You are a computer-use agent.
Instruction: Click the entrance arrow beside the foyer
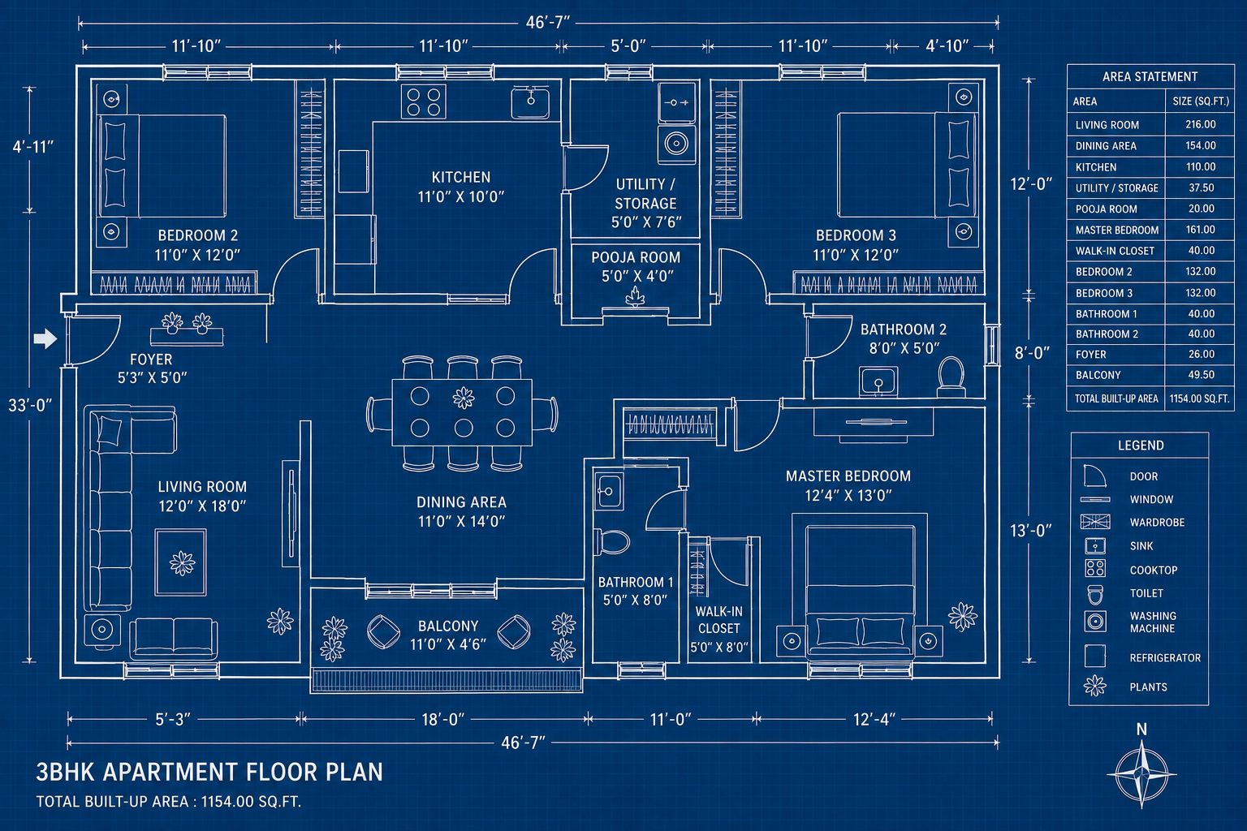(45, 338)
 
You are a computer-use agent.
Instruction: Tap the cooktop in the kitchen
(423, 102)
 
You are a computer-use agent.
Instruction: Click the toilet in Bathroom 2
(951, 377)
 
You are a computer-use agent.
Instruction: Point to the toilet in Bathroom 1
(611, 541)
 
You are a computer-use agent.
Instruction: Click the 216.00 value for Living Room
(1200, 124)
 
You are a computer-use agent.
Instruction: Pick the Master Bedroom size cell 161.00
(1200, 230)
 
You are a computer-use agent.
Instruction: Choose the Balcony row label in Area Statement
(1098, 375)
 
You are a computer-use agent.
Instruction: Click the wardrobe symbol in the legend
(1095, 522)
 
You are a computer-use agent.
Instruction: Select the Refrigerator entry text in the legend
(1165, 658)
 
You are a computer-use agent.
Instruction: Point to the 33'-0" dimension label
(30, 405)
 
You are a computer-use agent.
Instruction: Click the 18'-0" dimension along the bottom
(442, 720)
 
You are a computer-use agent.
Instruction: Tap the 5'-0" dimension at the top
(628, 46)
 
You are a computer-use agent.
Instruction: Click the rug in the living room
(181, 562)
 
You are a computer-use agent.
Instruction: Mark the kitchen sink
(530, 102)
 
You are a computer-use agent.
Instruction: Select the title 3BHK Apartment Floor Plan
(209, 772)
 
